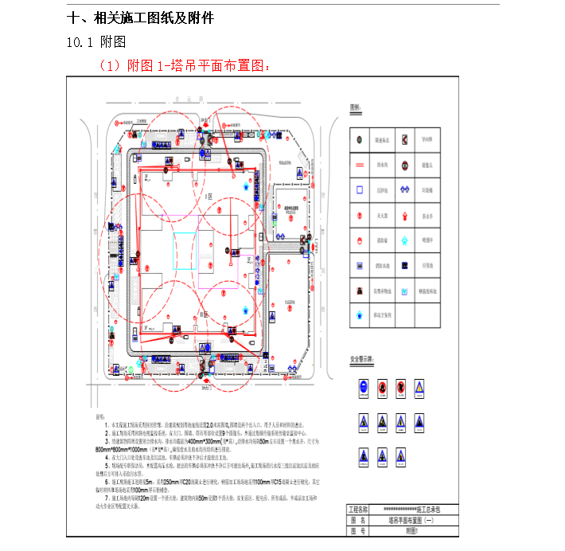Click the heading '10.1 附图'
[x=95, y=42]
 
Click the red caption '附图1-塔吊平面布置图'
[x=191, y=66]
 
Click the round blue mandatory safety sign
[x=362, y=387]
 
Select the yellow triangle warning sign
[x=362, y=422]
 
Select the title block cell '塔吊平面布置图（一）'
[x=417, y=518]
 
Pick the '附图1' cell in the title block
[x=417, y=530]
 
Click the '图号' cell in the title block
[x=362, y=530]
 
